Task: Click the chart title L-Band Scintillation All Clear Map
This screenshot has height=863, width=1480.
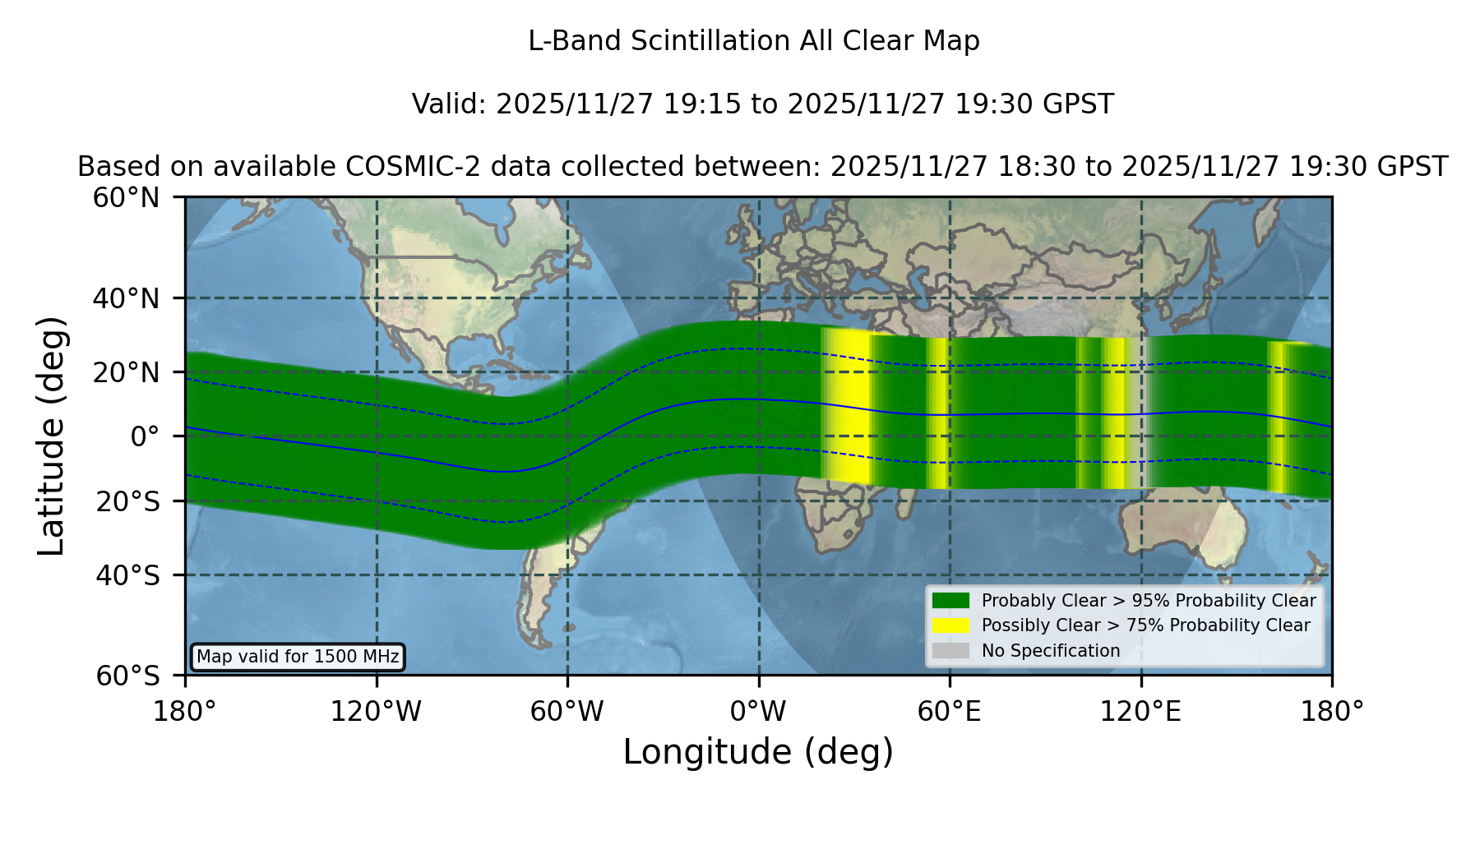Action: (x=753, y=41)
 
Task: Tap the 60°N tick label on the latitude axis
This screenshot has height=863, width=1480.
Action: (x=127, y=198)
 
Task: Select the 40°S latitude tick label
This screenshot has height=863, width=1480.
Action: (x=127, y=575)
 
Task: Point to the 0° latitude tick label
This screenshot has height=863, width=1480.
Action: (x=145, y=436)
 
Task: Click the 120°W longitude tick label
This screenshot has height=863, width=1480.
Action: (x=377, y=711)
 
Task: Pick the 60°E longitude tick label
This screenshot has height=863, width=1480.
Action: (x=950, y=711)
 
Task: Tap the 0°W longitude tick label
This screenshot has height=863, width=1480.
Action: (x=758, y=711)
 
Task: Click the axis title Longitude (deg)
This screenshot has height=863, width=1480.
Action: (x=758, y=752)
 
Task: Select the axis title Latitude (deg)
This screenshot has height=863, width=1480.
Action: (x=51, y=436)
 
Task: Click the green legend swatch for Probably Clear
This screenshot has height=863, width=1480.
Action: (x=950, y=601)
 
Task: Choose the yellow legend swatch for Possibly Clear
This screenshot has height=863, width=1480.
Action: (x=950, y=625)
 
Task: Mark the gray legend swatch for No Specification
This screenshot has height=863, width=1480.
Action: (x=950, y=651)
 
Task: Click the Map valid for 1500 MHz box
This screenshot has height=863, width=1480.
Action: (x=298, y=657)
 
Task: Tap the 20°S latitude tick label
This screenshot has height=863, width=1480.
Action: (x=127, y=501)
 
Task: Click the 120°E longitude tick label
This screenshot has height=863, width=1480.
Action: (x=1140, y=711)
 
